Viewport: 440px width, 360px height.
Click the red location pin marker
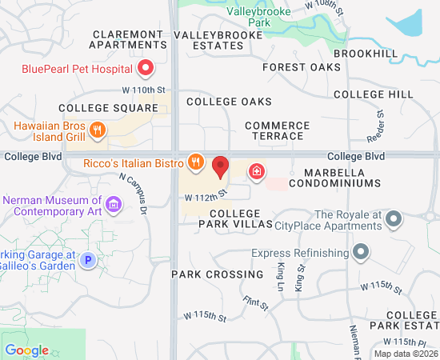pyautogui.click(x=221, y=168)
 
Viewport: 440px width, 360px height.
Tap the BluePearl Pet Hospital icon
pyautogui.click(x=146, y=69)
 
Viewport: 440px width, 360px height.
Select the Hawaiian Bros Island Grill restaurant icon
pyautogui.click(x=97, y=130)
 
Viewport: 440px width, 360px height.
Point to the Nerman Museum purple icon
pyautogui.click(x=114, y=206)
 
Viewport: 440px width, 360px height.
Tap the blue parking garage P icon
pyautogui.click(x=89, y=259)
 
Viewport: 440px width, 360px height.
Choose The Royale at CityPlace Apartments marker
pyautogui.click(x=393, y=218)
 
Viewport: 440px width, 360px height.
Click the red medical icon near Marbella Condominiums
pyautogui.click(x=257, y=170)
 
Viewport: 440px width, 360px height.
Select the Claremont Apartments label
pyautogui.click(x=128, y=39)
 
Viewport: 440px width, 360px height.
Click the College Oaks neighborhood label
pyautogui.click(x=229, y=102)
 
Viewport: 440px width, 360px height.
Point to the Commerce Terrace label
pyautogui.click(x=277, y=130)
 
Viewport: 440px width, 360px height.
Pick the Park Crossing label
pyautogui.click(x=217, y=274)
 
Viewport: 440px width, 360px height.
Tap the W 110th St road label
pyautogui.click(x=143, y=90)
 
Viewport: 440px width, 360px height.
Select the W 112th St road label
pyautogui.click(x=206, y=194)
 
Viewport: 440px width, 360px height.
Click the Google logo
pyautogui.click(x=26, y=350)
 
